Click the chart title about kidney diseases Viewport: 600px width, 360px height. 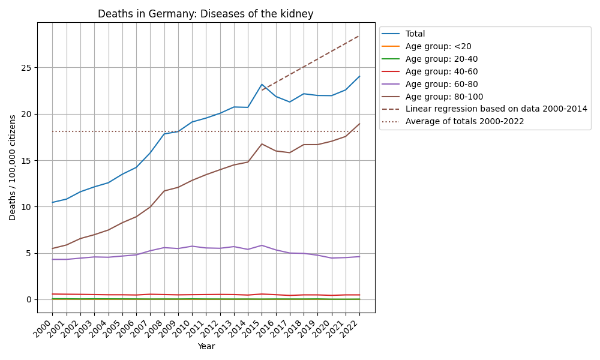tap(206, 14)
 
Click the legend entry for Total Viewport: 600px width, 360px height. tap(415, 34)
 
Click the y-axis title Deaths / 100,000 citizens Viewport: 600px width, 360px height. tap(13, 167)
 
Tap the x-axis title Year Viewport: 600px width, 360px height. tap(206, 346)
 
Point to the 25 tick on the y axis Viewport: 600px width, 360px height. tap(26, 68)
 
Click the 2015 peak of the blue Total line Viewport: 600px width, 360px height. tap(262, 85)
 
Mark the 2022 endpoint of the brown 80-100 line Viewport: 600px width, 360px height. tap(359, 124)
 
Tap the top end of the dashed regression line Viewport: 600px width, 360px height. tap(359, 35)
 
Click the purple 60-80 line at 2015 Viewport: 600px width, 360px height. tap(262, 245)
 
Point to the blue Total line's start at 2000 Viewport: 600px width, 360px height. tap(52, 202)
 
